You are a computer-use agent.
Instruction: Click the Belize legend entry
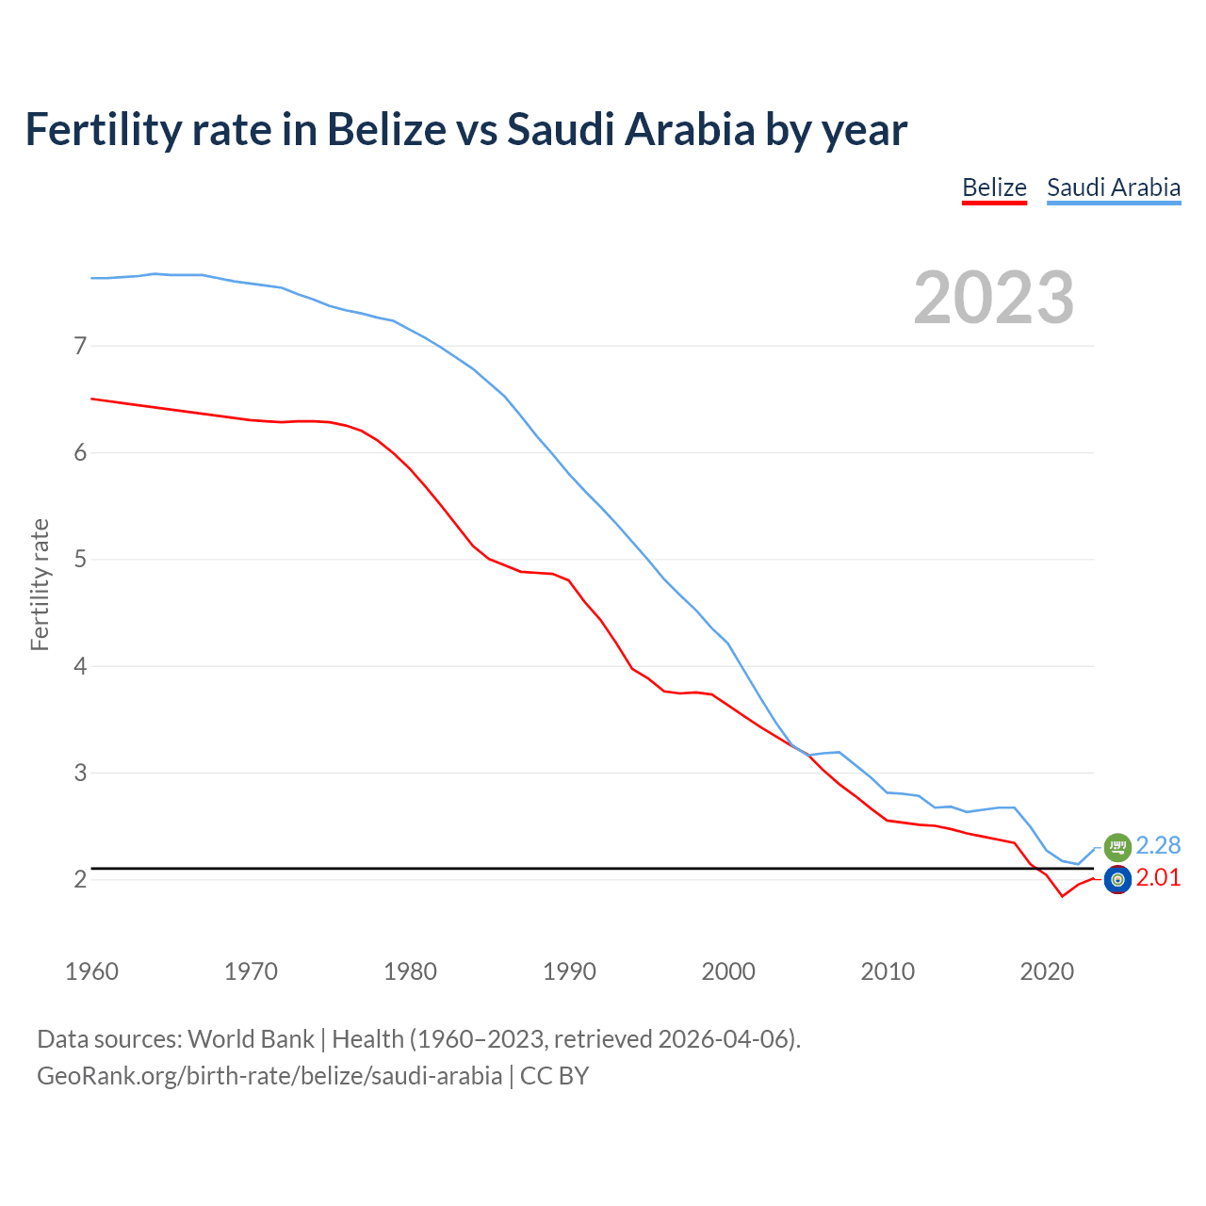pyautogui.click(x=994, y=187)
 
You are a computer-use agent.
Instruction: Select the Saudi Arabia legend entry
pyautogui.click(x=1114, y=187)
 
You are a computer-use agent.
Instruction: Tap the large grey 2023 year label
pyautogui.click(x=994, y=298)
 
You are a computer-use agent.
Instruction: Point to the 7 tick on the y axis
pyautogui.click(x=80, y=346)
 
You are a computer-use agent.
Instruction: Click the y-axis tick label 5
pyautogui.click(x=80, y=560)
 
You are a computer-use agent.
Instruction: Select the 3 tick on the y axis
pyautogui.click(x=80, y=773)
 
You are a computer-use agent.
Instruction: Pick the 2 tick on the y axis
pyautogui.click(x=80, y=880)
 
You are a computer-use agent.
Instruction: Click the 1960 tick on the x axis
pyautogui.click(x=91, y=971)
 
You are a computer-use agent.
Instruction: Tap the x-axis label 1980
pyautogui.click(x=410, y=971)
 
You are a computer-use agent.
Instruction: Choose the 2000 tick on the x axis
pyautogui.click(x=728, y=971)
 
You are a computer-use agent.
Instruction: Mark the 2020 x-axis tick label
pyautogui.click(x=1047, y=971)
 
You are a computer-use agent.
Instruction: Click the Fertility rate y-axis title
pyautogui.click(x=40, y=584)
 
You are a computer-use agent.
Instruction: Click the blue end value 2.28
pyautogui.click(x=1158, y=845)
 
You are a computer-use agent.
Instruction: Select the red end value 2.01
pyautogui.click(x=1158, y=878)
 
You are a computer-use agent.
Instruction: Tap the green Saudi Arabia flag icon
pyautogui.click(x=1117, y=846)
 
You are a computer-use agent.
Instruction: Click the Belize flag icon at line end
pyautogui.click(x=1117, y=880)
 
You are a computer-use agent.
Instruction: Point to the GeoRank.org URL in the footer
pyautogui.click(x=269, y=1076)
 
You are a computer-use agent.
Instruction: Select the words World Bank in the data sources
pyautogui.click(x=251, y=1039)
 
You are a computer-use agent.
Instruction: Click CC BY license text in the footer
pyautogui.click(x=554, y=1076)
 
